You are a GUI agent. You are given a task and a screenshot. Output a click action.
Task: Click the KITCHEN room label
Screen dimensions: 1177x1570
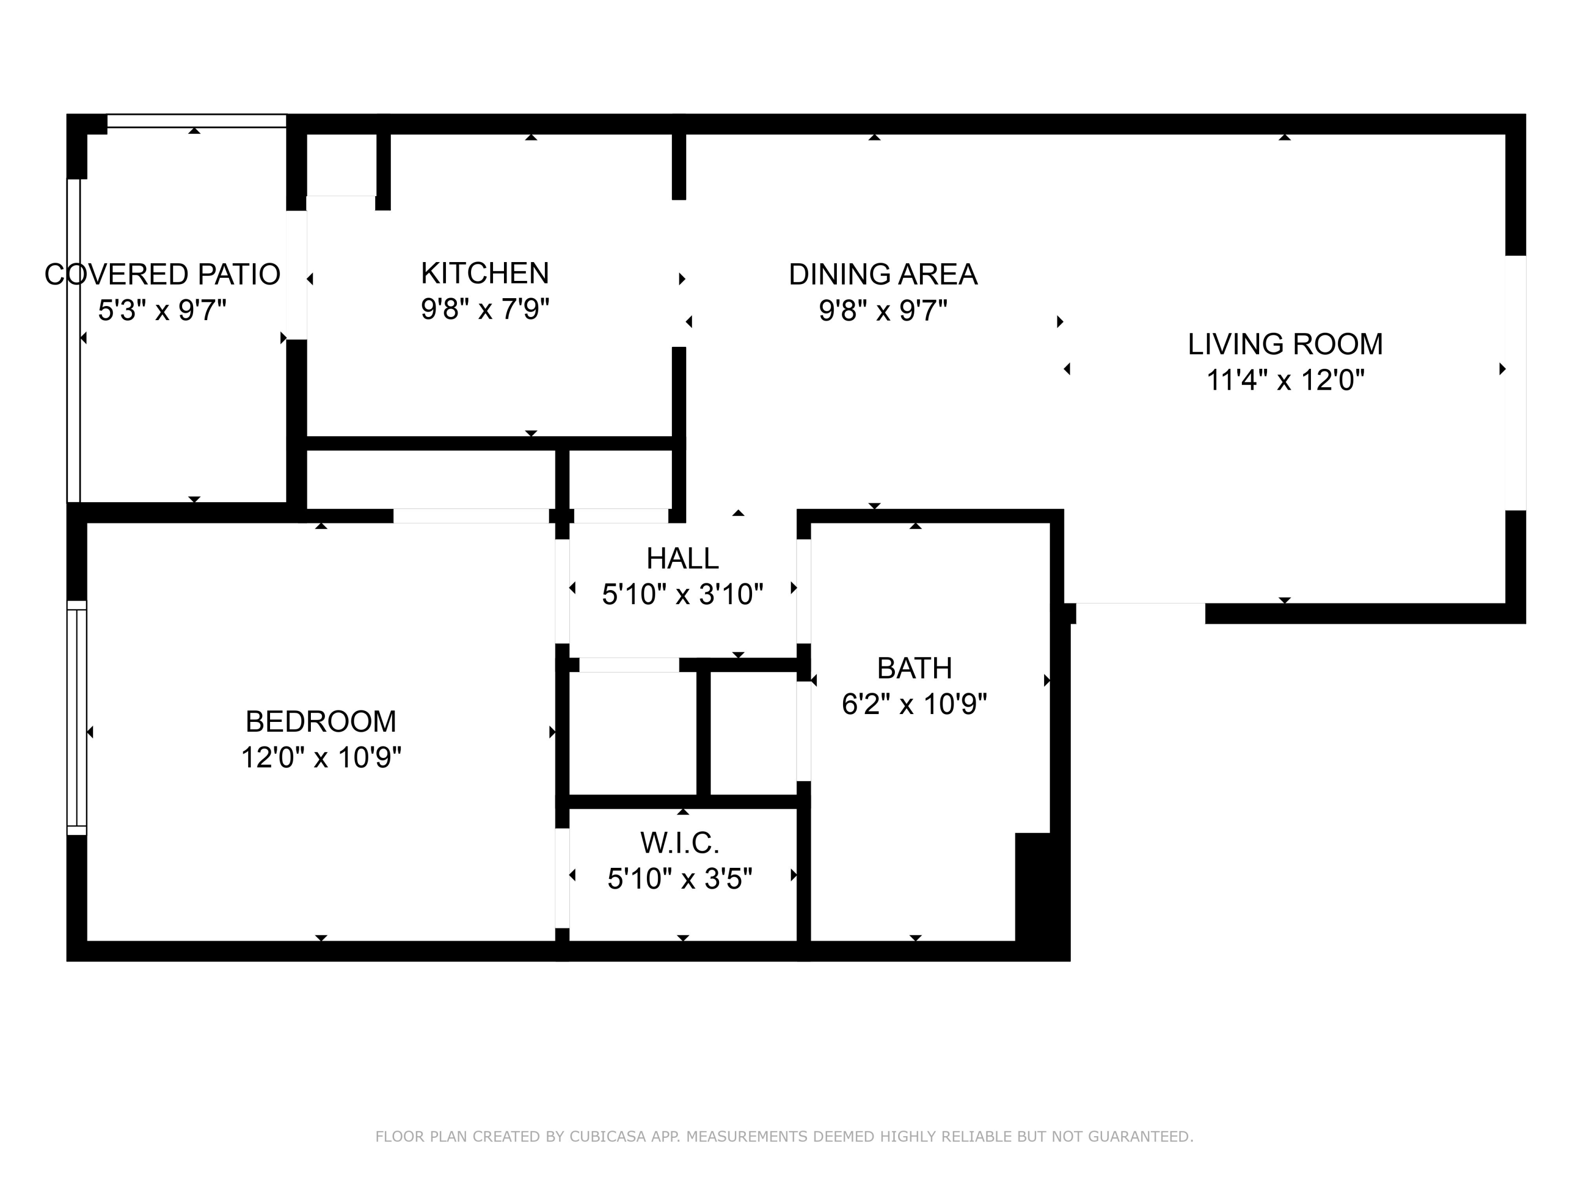pos(485,273)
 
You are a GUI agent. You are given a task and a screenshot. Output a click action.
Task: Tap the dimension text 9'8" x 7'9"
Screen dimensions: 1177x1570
pos(485,309)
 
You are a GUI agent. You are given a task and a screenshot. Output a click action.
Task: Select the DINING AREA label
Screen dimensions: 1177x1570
pos(883,275)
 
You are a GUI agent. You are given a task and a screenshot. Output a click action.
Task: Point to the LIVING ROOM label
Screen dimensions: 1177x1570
pos(1285,344)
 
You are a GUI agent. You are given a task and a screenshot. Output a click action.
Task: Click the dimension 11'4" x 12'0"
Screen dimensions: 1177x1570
pos(1285,381)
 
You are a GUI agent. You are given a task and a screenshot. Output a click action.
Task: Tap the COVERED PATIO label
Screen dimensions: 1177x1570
pos(163,275)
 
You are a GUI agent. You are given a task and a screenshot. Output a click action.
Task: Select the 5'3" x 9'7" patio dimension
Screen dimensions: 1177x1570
pos(163,311)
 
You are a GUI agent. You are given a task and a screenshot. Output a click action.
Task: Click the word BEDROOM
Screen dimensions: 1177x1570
pos(321,721)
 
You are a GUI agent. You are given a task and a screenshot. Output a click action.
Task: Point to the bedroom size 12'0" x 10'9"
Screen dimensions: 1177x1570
pos(321,757)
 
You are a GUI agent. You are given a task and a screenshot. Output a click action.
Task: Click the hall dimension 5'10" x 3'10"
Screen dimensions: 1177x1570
pos(682,595)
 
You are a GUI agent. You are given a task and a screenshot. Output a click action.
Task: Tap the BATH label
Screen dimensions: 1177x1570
pos(914,669)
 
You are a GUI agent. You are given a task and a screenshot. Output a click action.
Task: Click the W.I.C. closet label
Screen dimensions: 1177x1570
pos(680,843)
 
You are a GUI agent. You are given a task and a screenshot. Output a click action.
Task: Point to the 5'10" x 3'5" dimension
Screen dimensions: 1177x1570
pos(680,879)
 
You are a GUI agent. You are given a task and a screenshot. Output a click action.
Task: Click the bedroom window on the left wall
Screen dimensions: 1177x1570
pos(76,718)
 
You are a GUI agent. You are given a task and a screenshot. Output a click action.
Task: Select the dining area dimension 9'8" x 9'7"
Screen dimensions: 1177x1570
pos(883,311)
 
